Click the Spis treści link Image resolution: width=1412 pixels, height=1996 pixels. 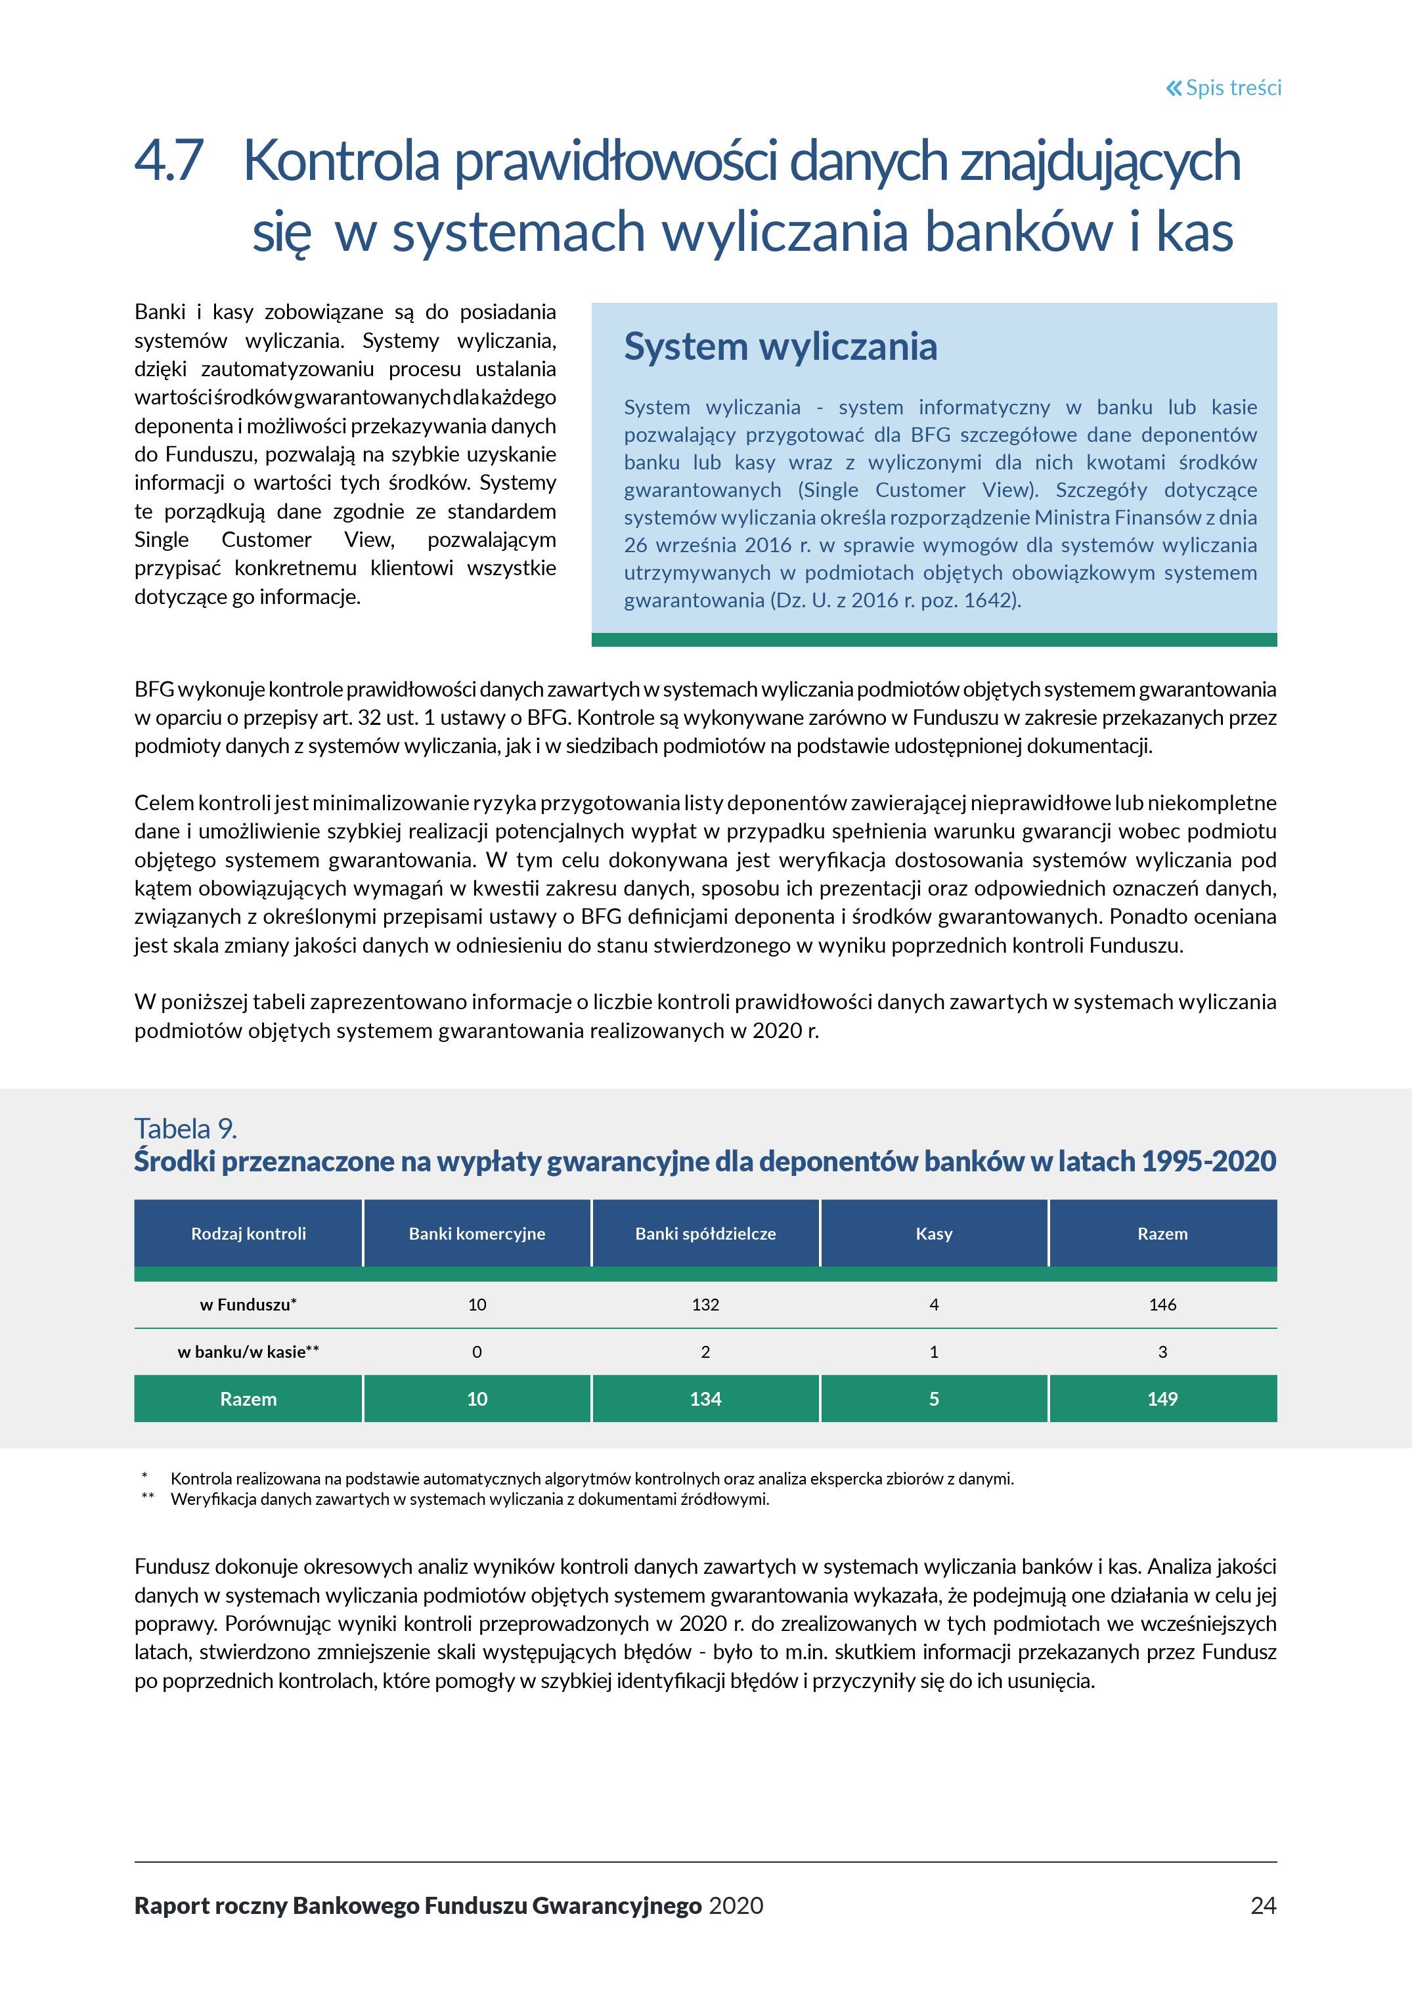pyautogui.click(x=1224, y=88)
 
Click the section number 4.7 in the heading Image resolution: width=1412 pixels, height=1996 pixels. pyautogui.click(x=169, y=161)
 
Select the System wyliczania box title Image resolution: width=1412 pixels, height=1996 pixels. pyautogui.click(x=780, y=346)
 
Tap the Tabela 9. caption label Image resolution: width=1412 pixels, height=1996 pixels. pyautogui.click(x=185, y=1129)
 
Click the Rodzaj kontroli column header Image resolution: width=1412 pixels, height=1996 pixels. pyautogui.click(x=249, y=1234)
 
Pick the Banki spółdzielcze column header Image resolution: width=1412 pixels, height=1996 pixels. pyautogui.click(x=705, y=1234)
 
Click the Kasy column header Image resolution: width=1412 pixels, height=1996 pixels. pyautogui.click(x=934, y=1234)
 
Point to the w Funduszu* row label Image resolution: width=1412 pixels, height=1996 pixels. pyautogui.click(x=249, y=1304)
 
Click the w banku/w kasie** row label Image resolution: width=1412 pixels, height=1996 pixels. pyautogui.click(x=249, y=1352)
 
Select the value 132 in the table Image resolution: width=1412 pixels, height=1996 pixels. pyautogui.click(x=705, y=1304)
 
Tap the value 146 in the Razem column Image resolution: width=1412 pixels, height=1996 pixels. pyautogui.click(x=1162, y=1304)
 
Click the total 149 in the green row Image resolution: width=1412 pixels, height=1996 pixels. pyautogui.click(x=1162, y=1399)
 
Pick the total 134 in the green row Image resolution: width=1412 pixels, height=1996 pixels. pyautogui.click(x=705, y=1399)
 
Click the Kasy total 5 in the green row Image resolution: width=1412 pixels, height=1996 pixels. pyautogui.click(x=934, y=1399)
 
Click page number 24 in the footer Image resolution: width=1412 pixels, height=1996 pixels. pyautogui.click(x=1262, y=1905)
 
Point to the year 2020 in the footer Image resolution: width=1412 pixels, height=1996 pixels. pyautogui.click(x=736, y=1905)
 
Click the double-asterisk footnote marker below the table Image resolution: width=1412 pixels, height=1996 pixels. pyautogui.click(x=148, y=1497)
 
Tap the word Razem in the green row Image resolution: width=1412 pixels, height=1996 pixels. pyautogui.click(x=249, y=1399)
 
